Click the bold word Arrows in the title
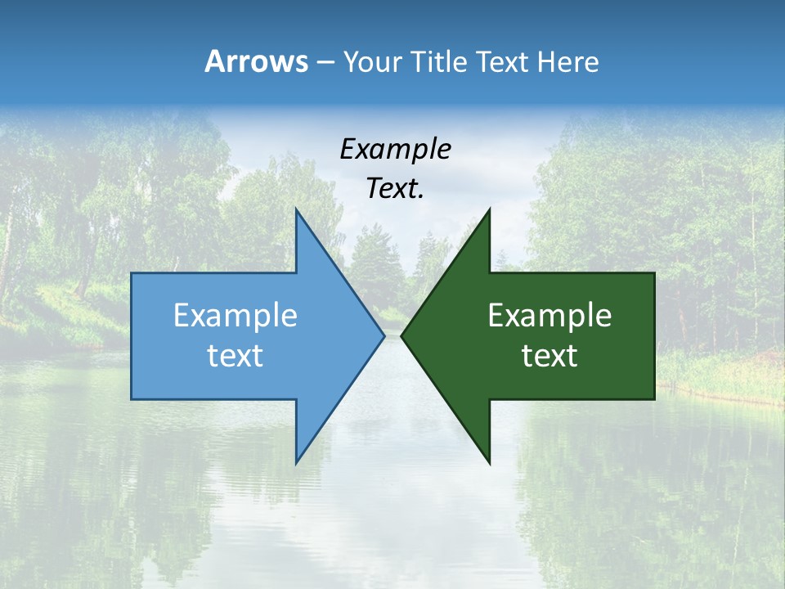coord(256,61)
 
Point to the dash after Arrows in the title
coord(325,63)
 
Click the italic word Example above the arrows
coord(395,150)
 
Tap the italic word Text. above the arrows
coord(395,189)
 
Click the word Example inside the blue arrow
coord(235,316)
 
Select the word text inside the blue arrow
coord(235,356)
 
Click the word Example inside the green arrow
coord(549,316)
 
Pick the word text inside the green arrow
coord(549,356)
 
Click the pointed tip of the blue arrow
coord(384,335)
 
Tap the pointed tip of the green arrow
coord(401,335)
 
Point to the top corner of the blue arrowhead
coord(296,209)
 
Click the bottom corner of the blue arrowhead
coord(296,463)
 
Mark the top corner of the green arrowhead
coord(490,209)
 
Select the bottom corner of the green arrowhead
coord(490,463)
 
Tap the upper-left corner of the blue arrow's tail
coord(132,273)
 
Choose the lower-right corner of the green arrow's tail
coord(654,399)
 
